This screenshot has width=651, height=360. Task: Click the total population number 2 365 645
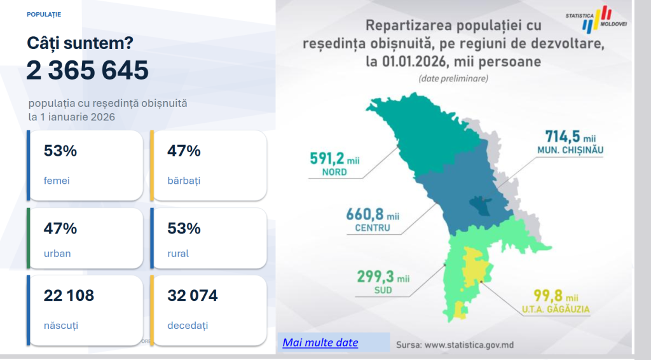click(88, 70)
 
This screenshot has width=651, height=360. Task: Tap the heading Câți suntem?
click(80, 43)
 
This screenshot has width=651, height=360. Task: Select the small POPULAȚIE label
click(44, 15)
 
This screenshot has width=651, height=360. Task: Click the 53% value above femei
click(60, 151)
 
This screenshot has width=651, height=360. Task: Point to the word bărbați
click(184, 181)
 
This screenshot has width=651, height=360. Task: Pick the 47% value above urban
click(60, 228)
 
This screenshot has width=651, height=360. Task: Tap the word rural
click(178, 253)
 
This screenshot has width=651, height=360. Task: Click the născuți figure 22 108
click(69, 296)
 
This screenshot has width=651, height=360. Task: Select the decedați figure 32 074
click(192, 296)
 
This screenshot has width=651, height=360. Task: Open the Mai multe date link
click(320, 343)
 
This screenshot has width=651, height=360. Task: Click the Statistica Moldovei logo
click(596, 19)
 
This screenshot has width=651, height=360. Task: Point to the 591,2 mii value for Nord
click(334, 158)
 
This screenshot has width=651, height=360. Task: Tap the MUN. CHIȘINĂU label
click(570, 150)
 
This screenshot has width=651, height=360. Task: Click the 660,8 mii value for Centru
click(373, 214)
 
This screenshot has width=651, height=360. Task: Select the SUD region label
click(383, 290)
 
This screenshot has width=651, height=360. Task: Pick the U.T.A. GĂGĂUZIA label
click(556, 309)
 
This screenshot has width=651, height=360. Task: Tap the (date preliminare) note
click(453, 78)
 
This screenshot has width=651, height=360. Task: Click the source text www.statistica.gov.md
click(470, 345)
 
